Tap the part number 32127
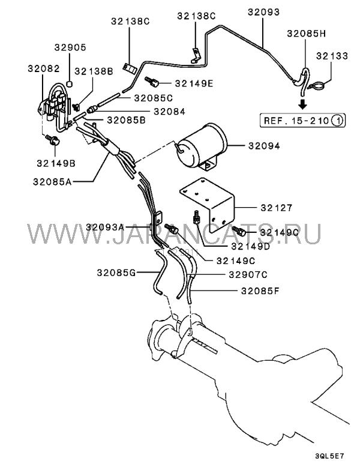(x=276, y=208)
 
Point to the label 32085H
(x=306, y=34)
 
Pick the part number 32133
(x=331, y=56)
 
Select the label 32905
(x=70, y=47)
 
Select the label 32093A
(x=105, y=227)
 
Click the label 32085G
(x=113, y=273)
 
